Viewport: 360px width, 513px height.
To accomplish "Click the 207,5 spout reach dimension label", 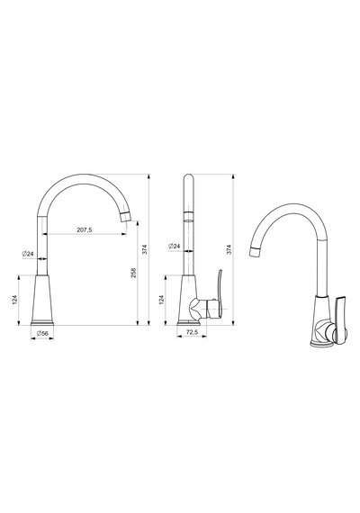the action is (x=85, y=229).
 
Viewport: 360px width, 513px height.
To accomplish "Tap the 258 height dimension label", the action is (x=133, y=273).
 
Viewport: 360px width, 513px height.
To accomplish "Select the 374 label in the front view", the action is (x=145, y=249).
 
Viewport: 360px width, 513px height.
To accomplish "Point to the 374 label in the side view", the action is (x=229, y=249).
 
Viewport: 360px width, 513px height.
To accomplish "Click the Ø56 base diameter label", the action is (x=42, y=333).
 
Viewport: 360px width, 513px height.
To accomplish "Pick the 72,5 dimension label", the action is (x=192, y=332).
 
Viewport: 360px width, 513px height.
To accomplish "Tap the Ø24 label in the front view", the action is (x=28, y=254).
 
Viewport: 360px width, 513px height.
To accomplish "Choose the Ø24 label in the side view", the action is (x=175, y=246).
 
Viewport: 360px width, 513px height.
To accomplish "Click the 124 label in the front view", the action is (x=14, y=300).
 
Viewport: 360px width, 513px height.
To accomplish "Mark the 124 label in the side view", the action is (x=161, y=300).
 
